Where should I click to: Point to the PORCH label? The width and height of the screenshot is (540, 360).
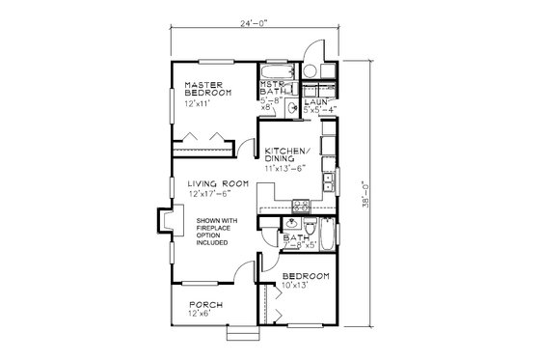tap(205, 304)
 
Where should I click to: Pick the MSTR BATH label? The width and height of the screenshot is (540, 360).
tap(271, 88)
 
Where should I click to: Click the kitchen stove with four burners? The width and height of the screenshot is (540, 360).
tap(301, 205)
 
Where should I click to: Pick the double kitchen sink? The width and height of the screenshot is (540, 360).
tap(328, 180)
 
